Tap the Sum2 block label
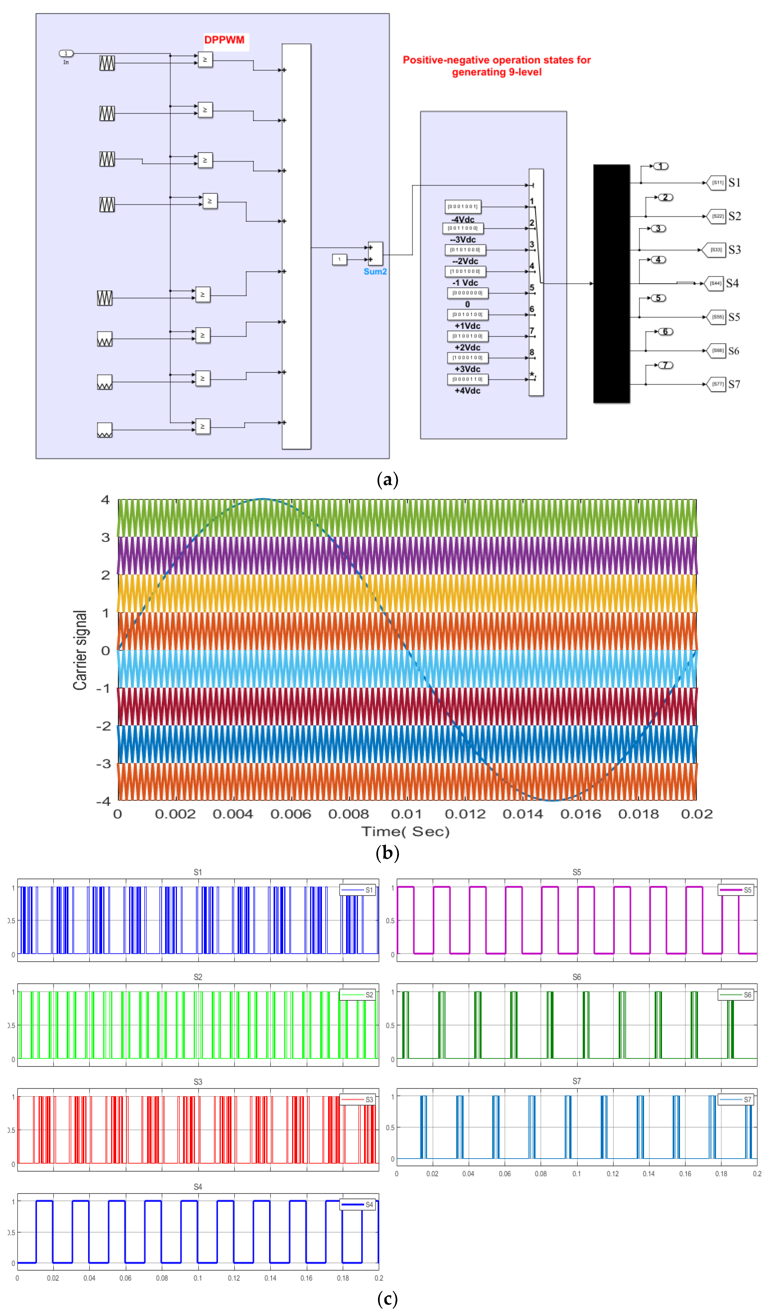[x=375, y=272]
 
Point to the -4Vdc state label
[x=463, y=219]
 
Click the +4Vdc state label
[x=467, y=391]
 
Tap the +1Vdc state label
[x=467, y=326]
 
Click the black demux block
[x=611, y=284]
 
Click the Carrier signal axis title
[x=80, y=650]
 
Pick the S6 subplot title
[x=576, y=977]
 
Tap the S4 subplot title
[x=198, y=1187]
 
